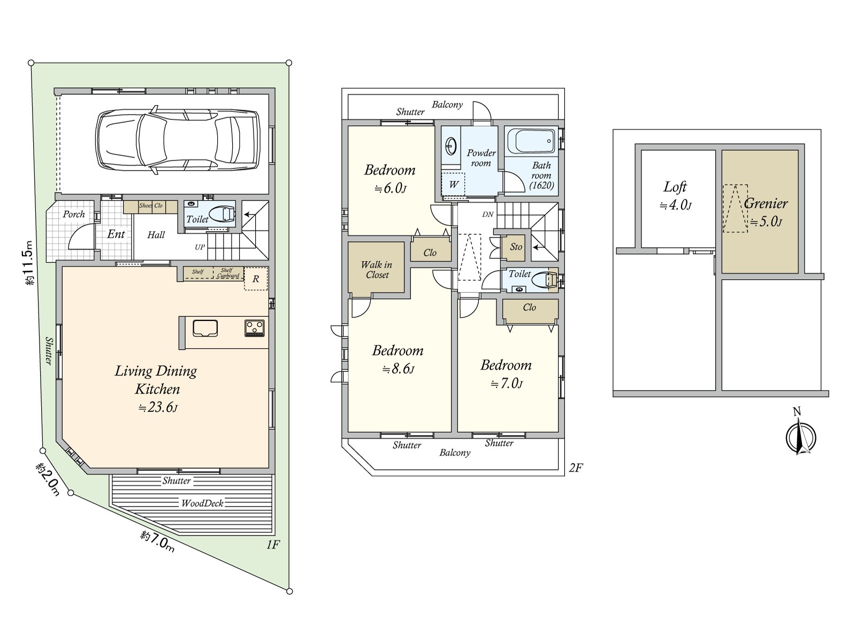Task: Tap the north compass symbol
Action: (x=800, y=437)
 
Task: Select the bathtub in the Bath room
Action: (x=532, y=141)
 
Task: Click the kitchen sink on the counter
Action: (x=205, y=328)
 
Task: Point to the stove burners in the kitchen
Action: (x=255, y=328)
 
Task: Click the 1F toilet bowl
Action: (x=221, y=214)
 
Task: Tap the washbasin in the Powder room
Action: (x=451, y=147)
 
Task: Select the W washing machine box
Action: (x=453, y=185)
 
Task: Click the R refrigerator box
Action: (x=256, y=279)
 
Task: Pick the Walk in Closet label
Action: (x=377, y=270)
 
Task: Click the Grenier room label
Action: (x=766, y=203)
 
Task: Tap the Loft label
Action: (x=675, y=187)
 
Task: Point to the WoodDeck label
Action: (x=202, y=503)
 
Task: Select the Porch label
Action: (x=74, y=214)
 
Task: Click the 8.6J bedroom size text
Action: (x=398, y=369)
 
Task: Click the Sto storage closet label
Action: (x=516, y=246)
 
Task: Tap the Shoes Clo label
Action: (x=151, y=205)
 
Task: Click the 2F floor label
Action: (x=576, y=468)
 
